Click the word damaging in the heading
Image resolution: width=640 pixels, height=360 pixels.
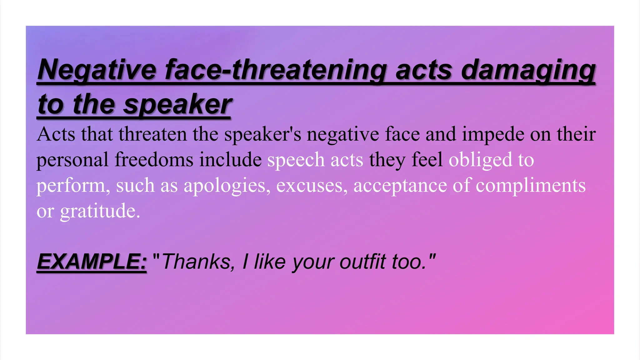click(x=528, y=70)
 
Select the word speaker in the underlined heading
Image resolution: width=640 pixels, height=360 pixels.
click(x=177, y=105)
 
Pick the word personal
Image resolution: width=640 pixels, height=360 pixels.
click(x=72, y=160)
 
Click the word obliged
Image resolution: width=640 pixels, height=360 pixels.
click(x=480, y=160)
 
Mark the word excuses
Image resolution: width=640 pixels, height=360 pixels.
click(x=312, y=186)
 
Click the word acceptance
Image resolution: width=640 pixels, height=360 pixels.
click(x=400, y=186)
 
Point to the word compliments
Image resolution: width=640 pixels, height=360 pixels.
click(x=530, y=186)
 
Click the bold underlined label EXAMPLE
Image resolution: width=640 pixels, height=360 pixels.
click(x=92, y=262)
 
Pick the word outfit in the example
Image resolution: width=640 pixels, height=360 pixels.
click(x=362, y=262)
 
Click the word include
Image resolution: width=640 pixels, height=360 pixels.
click(x=230, y=160)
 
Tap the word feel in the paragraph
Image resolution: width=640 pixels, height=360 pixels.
click(x=427, y=160)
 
